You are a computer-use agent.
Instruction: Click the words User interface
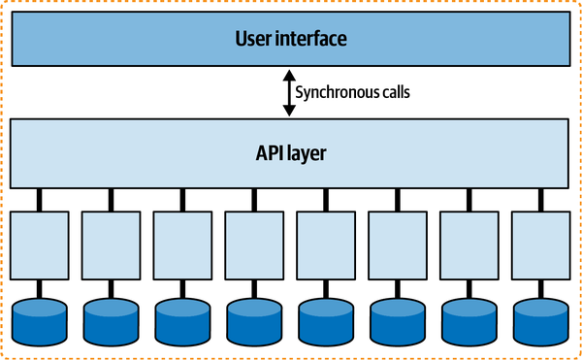tap(291, 40)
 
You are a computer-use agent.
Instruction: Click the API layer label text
tap(291, 153)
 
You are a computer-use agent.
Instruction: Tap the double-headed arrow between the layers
tap(286, 93)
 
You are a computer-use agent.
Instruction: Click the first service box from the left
tap(40, 246)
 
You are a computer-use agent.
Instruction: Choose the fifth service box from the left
tap(327, 246)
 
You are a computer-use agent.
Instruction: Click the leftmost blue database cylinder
tap(40, 320)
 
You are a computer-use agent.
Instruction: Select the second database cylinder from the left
tap(112, 320)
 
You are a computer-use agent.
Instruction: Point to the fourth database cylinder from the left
tap(255, 320)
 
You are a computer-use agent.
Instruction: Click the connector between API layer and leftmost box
tap(40, 199)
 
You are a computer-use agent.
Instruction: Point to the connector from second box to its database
tap(112, 290)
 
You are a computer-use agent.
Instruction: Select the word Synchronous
tap(328, 94)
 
